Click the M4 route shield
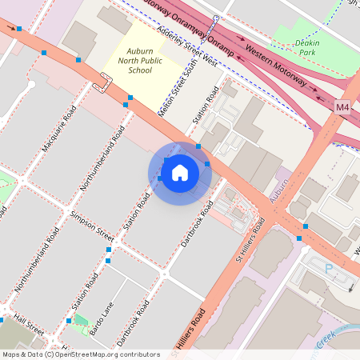point(342,106)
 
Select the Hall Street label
point(23,326)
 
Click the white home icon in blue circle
point(180,172)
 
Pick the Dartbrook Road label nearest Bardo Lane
point(133,324)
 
